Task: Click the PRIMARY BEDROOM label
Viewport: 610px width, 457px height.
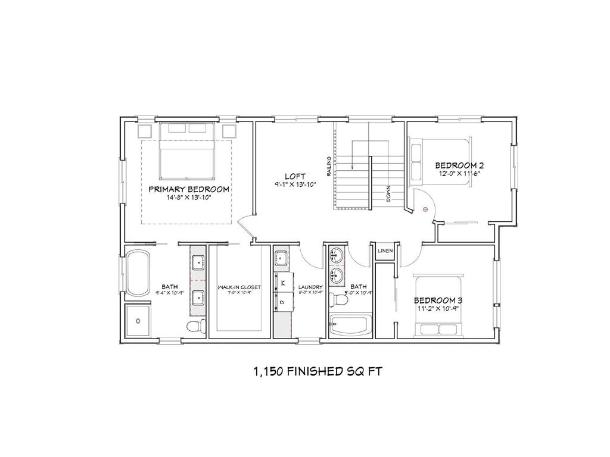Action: click(189, 189)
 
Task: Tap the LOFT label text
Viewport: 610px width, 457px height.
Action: click(295, 177)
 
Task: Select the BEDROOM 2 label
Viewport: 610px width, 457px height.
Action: click(459, 165)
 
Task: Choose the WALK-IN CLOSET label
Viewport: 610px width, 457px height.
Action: click(239, 287)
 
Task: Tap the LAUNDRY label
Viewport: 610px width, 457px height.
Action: click(310, 287)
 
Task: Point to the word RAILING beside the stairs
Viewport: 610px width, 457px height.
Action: click(328, 166)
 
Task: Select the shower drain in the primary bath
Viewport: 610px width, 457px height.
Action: click(138, 321)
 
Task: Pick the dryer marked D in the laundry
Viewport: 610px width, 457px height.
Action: click(282, 303)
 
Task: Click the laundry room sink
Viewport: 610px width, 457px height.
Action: click(281, 258)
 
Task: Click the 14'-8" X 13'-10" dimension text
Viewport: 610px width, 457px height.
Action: click(189, 198)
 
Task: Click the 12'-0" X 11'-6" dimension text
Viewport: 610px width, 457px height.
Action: click(459, 173)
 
